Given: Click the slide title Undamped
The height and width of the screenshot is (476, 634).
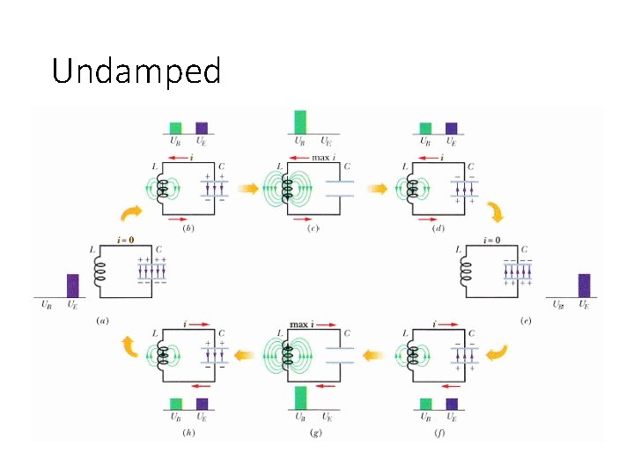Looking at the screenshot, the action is coord(136,71).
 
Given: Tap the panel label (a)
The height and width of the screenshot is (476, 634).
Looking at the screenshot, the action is coord(103,321).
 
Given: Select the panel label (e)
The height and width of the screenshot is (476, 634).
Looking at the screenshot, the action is coord(525,321).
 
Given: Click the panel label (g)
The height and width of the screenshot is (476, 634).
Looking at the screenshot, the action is coord(313,432).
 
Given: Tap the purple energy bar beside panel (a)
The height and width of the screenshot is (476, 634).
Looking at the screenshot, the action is coord(73,286).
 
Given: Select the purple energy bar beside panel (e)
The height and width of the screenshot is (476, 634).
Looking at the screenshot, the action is coord(584,286).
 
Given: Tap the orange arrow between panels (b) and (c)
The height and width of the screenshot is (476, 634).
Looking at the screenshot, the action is coord(249,187).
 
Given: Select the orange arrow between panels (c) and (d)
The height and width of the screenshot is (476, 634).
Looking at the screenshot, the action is coord(377,187).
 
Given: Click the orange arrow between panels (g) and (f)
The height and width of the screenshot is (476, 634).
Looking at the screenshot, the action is coord(377,355).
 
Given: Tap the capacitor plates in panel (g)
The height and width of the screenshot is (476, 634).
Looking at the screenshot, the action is coord(339,355).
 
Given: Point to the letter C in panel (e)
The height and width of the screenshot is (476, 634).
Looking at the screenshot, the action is coord(525,249).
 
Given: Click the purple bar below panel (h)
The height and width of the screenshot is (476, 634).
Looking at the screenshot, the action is coord(202,403).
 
